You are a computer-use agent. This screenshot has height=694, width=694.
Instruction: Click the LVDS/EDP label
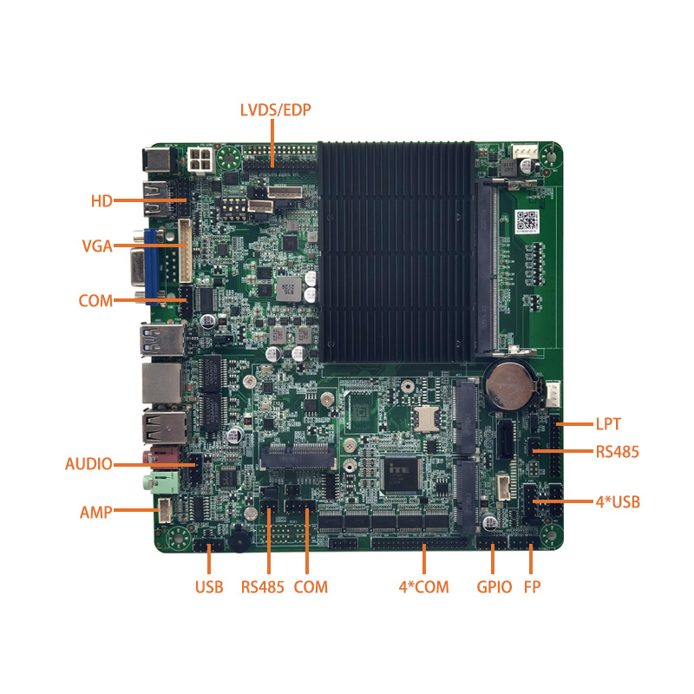pyautogui.click(x=275, y=110)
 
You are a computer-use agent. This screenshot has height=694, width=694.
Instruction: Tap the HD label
pyautogui.click(x=101, y=201)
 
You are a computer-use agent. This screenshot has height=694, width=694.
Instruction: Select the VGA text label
pyautogui.click(x=96, y=246)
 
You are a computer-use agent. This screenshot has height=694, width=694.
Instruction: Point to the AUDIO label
pyautogui.click(x=88, y=463)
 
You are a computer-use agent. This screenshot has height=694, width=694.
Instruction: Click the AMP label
pyautogui.click(x=95, y=512)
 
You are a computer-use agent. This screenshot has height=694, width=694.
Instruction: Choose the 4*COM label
pyautogui.click(x=423, y=587)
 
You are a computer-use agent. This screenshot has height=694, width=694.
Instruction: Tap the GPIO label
pyautogui.click(x=492, y=587)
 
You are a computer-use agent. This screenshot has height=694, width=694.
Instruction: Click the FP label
pyautogui.click(x=532, y=587)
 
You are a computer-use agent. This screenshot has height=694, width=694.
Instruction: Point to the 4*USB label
pyautogui.click(x=618, y=501)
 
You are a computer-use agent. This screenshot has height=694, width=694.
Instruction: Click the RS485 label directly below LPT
pyautogui.click(x=617, y=451)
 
